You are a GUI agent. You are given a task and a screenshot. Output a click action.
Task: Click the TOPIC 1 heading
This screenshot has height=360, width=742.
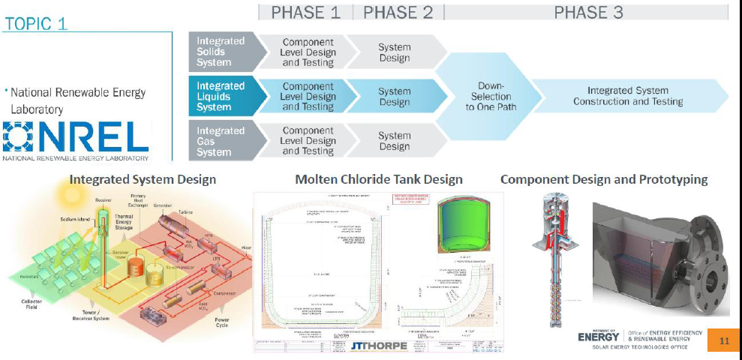coord(36,23)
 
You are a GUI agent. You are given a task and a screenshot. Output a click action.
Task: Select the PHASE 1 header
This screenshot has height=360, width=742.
coord(305,12)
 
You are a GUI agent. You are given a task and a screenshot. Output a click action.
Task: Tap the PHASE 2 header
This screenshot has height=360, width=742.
coord(398,12)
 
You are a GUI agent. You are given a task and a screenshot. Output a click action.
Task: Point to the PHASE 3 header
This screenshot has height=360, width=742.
coord(588,12)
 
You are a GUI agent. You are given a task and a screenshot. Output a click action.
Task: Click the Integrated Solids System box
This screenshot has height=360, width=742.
coord(221,52)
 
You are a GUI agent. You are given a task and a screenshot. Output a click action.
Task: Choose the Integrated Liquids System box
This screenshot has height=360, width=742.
coord(221,96)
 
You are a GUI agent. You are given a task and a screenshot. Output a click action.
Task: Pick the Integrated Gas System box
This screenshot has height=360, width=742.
coord(221,141)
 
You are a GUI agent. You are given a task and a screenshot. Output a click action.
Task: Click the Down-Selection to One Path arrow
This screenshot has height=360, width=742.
coord(491,96)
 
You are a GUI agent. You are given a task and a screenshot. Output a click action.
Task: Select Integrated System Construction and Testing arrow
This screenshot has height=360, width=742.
coord(628,96)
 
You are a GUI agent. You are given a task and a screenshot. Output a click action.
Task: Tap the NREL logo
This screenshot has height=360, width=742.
coord(75,139)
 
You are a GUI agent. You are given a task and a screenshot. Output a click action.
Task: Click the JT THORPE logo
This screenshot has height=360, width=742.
coord(379,345)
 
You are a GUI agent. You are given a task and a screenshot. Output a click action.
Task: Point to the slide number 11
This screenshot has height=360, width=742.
coord(724,341)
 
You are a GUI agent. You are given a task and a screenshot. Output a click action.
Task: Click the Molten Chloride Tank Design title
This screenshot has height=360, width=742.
coord(379,179)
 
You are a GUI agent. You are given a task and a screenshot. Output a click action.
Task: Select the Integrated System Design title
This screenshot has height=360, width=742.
coord(143,179)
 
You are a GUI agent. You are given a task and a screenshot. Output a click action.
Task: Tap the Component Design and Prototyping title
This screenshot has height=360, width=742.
coord(604,179)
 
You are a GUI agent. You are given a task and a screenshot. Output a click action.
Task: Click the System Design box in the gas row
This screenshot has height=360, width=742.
coord(395,141)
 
